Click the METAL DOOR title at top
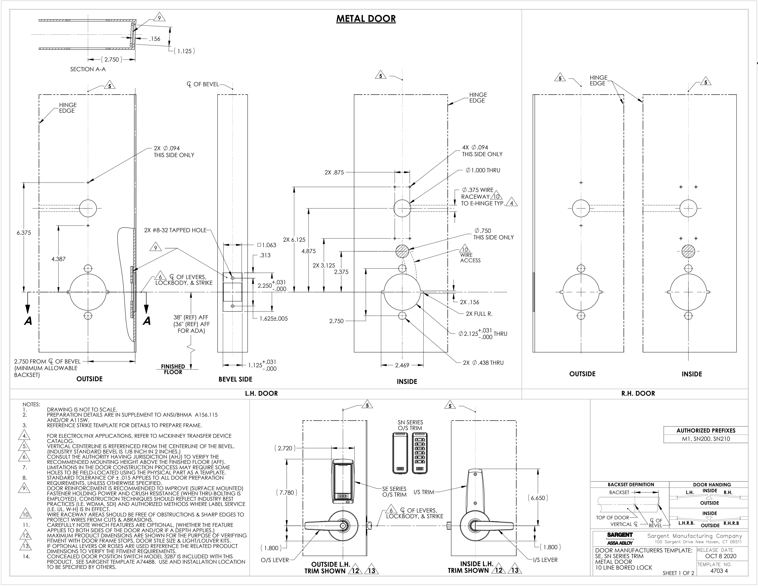366,19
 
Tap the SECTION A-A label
88,69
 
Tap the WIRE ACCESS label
470,258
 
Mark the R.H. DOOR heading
638,393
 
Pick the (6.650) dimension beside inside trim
538,498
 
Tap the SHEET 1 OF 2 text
678,573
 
